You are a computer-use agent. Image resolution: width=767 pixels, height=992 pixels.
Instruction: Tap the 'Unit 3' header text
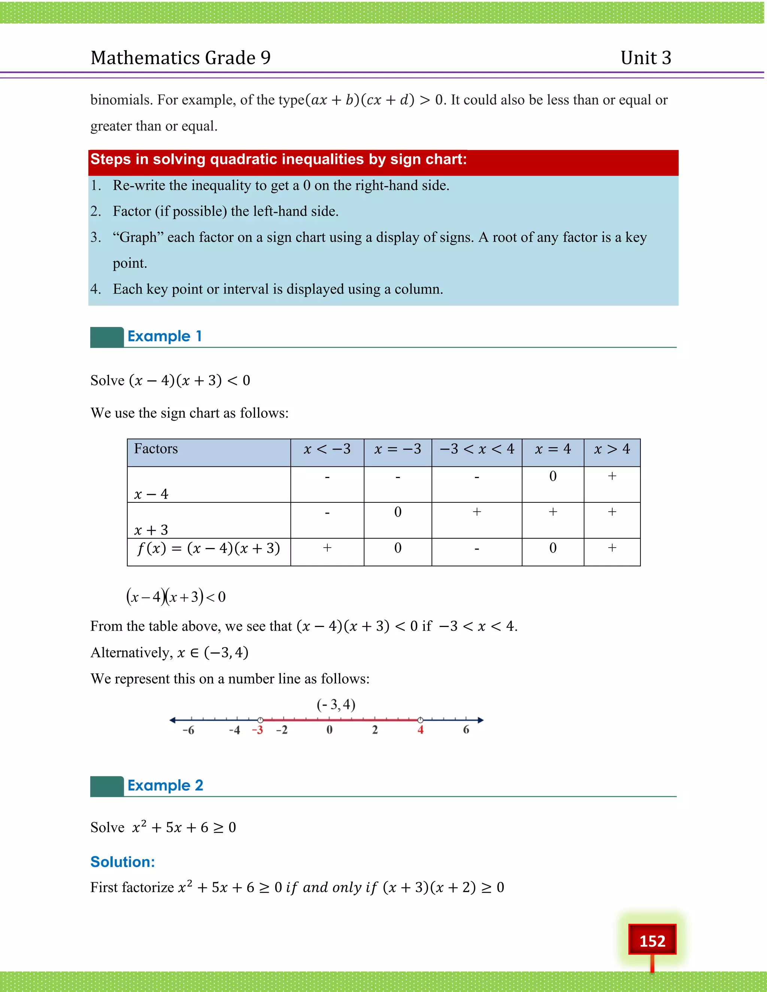point(646,58)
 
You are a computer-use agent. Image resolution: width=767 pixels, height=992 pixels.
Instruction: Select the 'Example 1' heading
point(164,336)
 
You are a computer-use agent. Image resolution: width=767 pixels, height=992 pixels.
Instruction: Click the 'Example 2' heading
point(165,785)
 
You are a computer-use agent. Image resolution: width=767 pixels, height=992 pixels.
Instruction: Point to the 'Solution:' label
point(123,862)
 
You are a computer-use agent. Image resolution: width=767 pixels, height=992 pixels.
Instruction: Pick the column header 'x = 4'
point(552,449)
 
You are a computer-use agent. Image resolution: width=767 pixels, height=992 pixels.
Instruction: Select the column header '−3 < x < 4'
point(477,449)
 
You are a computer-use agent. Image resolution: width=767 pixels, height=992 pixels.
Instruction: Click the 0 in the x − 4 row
point(552,476)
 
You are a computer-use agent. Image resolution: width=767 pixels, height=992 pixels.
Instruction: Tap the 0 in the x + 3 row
point(398,512)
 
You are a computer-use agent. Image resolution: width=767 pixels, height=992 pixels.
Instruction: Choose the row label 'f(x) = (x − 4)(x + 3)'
point(209,548)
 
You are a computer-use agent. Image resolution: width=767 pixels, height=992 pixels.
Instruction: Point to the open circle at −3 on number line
point(260,720)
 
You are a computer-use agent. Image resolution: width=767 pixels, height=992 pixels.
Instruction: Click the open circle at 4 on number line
point(420,720)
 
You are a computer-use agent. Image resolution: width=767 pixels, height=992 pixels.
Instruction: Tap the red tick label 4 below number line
point(420,730)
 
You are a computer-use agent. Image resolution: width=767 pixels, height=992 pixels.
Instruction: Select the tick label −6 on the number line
point(188,730)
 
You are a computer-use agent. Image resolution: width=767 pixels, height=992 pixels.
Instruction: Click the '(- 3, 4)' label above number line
point(336,705)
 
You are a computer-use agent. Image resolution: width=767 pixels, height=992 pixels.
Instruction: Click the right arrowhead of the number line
point(481,720)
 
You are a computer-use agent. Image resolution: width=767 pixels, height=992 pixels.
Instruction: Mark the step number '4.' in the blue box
point(96,289)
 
